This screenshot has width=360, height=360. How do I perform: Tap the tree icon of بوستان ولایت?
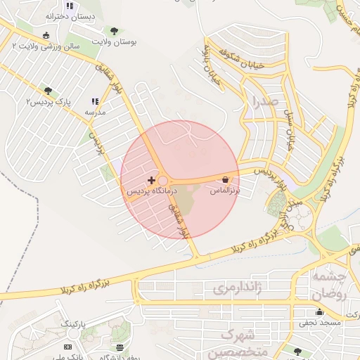(x=114, y=31)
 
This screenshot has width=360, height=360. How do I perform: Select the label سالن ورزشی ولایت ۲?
(x=46, y=46)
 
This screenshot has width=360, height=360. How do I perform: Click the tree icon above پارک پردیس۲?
(x=48, y=91)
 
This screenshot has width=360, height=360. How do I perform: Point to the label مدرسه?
(x=95, y=112)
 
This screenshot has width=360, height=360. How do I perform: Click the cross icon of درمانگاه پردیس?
(x=151, y=181)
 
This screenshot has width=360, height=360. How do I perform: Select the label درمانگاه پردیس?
(x=151, y=191)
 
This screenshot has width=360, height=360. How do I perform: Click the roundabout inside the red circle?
(x=162, y=181)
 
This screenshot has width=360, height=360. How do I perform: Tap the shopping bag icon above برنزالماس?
(x=225, y=180)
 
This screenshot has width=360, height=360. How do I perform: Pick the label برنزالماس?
(x=225, y=190)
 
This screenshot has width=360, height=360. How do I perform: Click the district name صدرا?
(x=264, y=102)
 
